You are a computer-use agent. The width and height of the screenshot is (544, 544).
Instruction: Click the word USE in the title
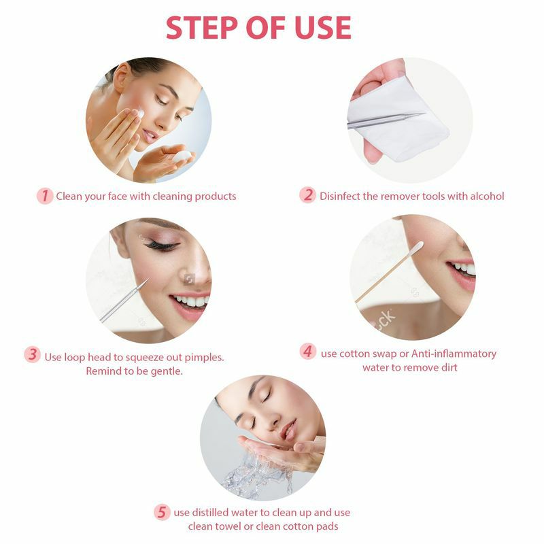click(x=319, y=28)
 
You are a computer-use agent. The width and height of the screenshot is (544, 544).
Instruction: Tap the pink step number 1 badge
click(x=44, y=196)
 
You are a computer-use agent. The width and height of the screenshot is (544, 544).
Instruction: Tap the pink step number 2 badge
click(x=308, y=196)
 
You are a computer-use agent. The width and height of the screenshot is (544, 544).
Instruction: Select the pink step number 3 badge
click(x=33, y=356)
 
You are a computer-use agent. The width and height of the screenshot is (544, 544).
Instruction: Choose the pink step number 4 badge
click(x=308, y=352)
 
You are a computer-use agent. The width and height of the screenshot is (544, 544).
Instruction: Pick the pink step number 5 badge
click(x=162, y=512)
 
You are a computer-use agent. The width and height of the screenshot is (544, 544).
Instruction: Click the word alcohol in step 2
click(x=485, y=196)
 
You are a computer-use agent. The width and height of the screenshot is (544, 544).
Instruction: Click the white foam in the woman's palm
click(x=181, y=156)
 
